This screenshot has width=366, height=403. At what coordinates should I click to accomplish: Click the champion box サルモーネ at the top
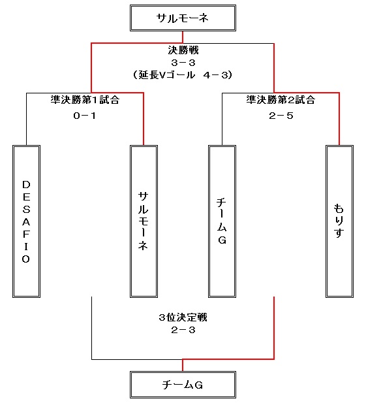(183, 18)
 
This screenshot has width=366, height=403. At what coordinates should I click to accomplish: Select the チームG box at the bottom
(183, 385)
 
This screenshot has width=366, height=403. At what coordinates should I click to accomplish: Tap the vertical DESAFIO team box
(27, 221)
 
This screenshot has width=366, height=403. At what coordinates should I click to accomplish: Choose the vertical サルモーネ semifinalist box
(144, 221)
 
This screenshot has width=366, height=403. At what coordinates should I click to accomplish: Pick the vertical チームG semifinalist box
(222, 221)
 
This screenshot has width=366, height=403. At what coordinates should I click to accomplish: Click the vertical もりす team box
(339, 221)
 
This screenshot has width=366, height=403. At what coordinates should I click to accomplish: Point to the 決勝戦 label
(183, 50)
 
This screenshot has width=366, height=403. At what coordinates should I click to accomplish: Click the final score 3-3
(183, 63)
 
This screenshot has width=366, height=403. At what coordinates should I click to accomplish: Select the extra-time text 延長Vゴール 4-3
(183, 75)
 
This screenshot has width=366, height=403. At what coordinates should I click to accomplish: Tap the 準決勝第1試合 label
(85, 100)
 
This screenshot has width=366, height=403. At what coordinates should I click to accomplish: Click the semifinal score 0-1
(85, 116)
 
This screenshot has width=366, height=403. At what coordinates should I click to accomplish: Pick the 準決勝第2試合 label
(281, 100)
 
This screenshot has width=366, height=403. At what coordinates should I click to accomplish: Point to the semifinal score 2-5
(281, 116)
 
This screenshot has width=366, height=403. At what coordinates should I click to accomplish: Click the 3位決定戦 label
(183, 317)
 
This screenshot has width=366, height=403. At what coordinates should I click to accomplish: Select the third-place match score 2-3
(183, 330)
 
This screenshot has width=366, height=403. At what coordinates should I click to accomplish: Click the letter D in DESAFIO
(26, 185)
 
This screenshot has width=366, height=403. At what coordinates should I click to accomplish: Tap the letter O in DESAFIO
(26, 259)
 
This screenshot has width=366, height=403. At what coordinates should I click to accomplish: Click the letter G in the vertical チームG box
(222, 240)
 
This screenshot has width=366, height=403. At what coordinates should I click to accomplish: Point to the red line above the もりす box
(339, 119)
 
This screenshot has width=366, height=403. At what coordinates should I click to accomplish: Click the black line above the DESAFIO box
(27, 120)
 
